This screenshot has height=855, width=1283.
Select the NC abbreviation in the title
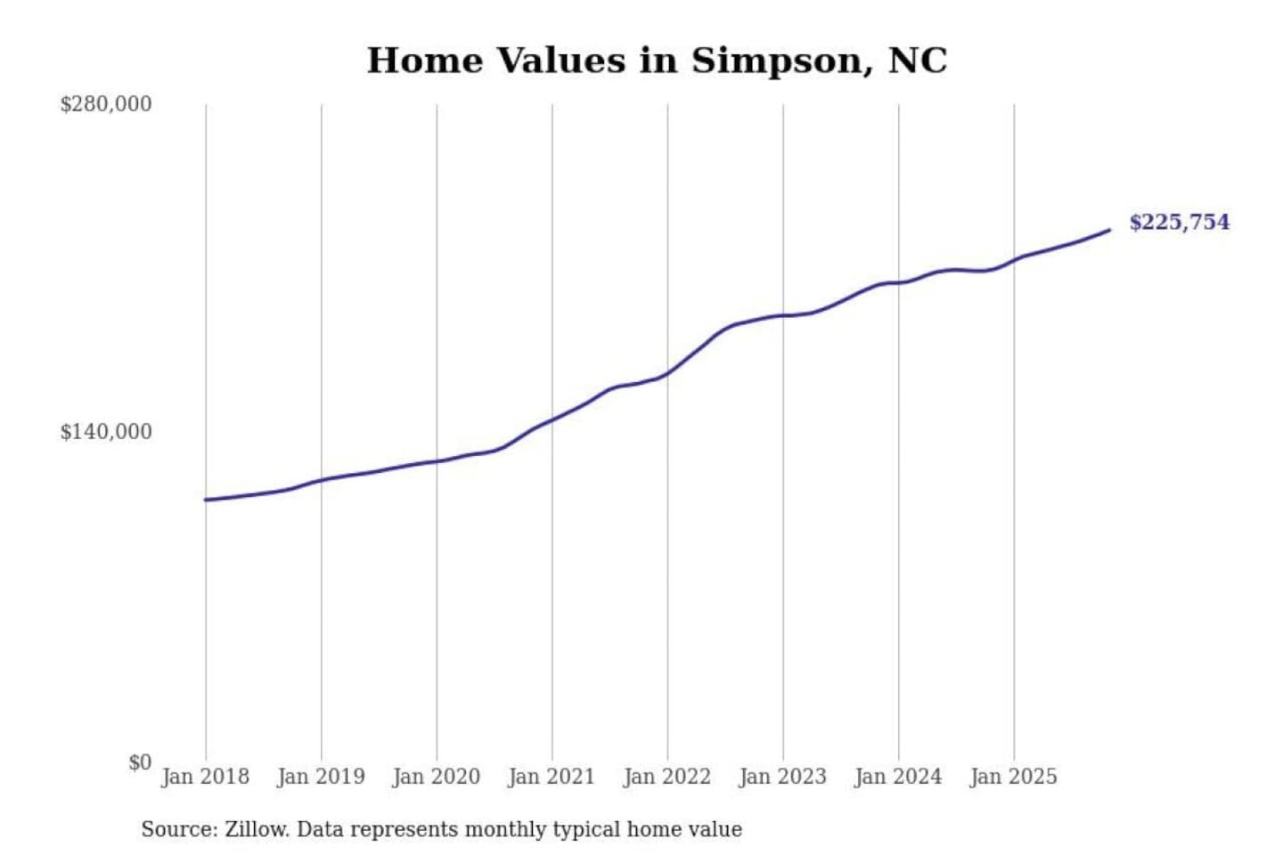point(917,61)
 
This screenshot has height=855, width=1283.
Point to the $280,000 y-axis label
point(106,104)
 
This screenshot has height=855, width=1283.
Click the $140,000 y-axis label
point(106,432)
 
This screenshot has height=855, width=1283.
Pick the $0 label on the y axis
point(140,762)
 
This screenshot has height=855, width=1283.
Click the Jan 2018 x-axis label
point(206,777)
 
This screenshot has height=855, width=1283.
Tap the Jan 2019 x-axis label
point(321,777)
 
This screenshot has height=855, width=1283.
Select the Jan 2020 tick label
point(437,777)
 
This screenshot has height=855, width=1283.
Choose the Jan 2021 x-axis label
point(552,777)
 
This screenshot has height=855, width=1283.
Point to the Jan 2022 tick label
point(667,777)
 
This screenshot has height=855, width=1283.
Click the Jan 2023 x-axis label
point(783,777)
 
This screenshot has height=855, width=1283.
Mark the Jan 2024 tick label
point(898,777)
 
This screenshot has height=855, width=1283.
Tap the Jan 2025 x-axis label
point(1014,777)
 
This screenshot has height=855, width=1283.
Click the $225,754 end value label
point(1180,222)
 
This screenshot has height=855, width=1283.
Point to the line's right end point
point(1110,230)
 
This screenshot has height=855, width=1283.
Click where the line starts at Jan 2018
point(206,500)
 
